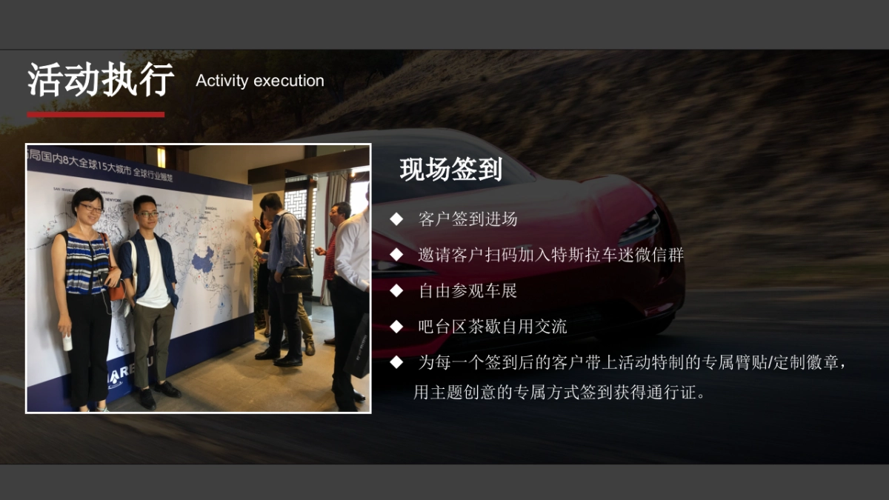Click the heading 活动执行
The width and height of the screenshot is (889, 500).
click(x=101, y=80)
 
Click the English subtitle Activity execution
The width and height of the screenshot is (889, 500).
click(x=260, y=81)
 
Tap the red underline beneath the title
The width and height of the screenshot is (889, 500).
click(x=96, y=115)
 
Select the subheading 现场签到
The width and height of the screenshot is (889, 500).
click(x=450, y=170)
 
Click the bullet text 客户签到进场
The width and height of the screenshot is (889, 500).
click(x=467, y=219)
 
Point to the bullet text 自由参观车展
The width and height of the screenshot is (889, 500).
click(x=467, y=291)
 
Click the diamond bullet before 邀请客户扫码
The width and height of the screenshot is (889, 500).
click(x=397, y=255)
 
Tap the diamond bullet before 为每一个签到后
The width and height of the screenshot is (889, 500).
click(x=397, y=363)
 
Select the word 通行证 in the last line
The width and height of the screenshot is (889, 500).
click(x=672, y=393)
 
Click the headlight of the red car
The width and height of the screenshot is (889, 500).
click(x=640, y=226)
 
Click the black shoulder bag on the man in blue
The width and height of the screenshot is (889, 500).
click(x=298, y=279)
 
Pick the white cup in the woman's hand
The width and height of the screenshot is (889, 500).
click(x=67, y=342)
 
